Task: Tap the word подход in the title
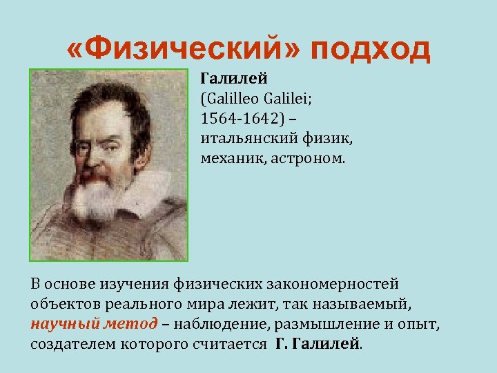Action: (x=371, y=50)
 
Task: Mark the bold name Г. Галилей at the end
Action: (x=318, y=344)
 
